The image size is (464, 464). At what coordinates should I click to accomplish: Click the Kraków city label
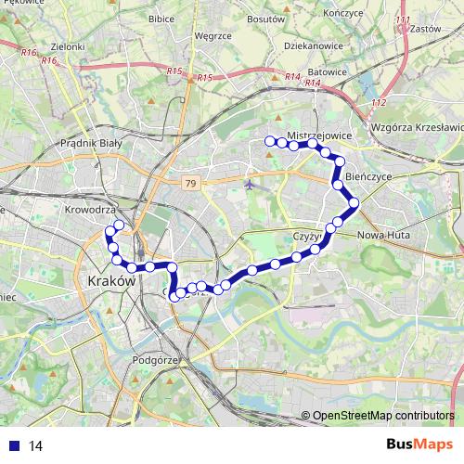click(110, 279)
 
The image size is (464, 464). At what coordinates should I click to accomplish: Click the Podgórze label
click(154, 357)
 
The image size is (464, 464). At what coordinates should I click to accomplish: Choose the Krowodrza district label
click(90, 211)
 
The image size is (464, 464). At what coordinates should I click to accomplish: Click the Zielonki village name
click(68, 45)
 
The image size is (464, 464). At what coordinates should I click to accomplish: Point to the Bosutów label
click(267, 19)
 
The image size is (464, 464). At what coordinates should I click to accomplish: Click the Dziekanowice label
click(313, 42)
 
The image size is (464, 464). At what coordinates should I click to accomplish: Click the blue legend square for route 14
click(12, 446)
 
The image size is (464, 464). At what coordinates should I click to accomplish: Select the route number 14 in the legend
click(36, 446)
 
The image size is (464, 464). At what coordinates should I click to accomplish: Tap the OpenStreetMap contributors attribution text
click(383, 417)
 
